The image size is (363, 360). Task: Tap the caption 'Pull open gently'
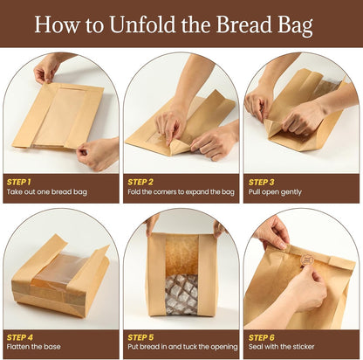(x=277, y=191)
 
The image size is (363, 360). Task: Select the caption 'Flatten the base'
(x=34, y=346)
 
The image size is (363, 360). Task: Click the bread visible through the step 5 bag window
(x=181, y=293)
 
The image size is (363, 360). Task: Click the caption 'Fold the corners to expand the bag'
(x=181, y=191)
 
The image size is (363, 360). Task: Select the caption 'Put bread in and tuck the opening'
(x=181, y=346)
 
